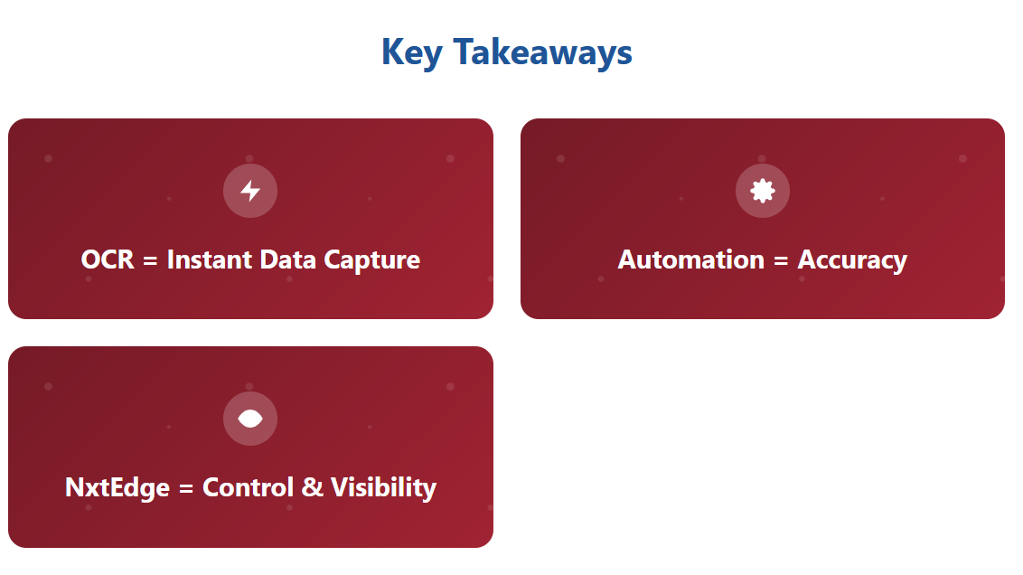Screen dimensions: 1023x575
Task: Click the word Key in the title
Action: [412, 53]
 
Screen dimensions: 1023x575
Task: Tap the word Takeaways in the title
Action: [543, 53]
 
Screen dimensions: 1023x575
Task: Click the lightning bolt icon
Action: [250, 191]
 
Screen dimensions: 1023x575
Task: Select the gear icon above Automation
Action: [763, 191]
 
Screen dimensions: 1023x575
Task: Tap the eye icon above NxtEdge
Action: [250, 419]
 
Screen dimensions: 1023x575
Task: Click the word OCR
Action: [108, 259]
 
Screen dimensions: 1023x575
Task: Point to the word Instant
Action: [210, 259]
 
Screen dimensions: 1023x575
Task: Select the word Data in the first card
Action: [287, 259]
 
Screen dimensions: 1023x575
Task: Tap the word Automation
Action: [691, 259]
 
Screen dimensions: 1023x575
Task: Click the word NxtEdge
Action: [117, 488]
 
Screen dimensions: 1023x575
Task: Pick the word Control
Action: [248, 487]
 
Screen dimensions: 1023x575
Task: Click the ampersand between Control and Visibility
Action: [313, 487]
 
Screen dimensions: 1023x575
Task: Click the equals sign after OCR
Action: [150, 261]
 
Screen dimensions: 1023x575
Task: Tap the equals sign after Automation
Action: [781, 261]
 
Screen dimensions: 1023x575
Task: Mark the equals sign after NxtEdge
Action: [186, 489]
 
